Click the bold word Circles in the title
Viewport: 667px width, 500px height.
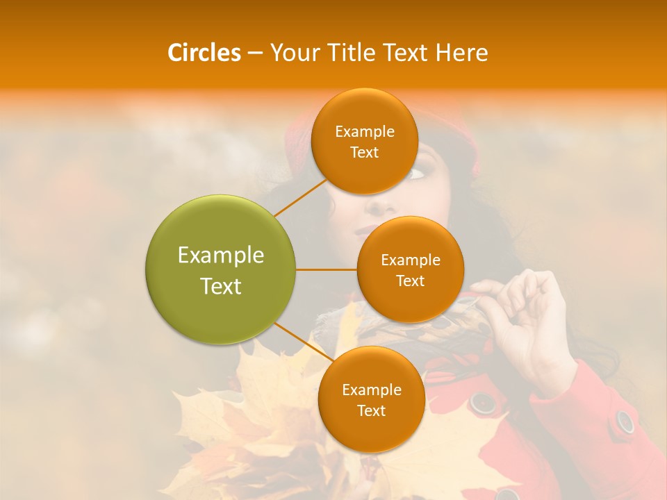coord(204,52)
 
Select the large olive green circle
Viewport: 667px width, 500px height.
coord(220,269)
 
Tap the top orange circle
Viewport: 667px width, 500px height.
coord(364,141)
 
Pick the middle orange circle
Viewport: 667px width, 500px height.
coord(410,269)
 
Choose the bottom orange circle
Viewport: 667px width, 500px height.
coord(371,399)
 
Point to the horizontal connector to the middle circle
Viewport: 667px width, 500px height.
coord(326,269)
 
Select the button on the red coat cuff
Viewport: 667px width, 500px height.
coord(625,421)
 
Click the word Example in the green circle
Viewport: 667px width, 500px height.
coord(220,255)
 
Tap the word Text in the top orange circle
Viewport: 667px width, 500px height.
coord(364,152)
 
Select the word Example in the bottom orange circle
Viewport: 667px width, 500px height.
coord(371,390)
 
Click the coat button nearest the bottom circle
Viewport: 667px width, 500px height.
coord(481,401)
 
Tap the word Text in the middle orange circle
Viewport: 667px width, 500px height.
coord(410,281)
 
